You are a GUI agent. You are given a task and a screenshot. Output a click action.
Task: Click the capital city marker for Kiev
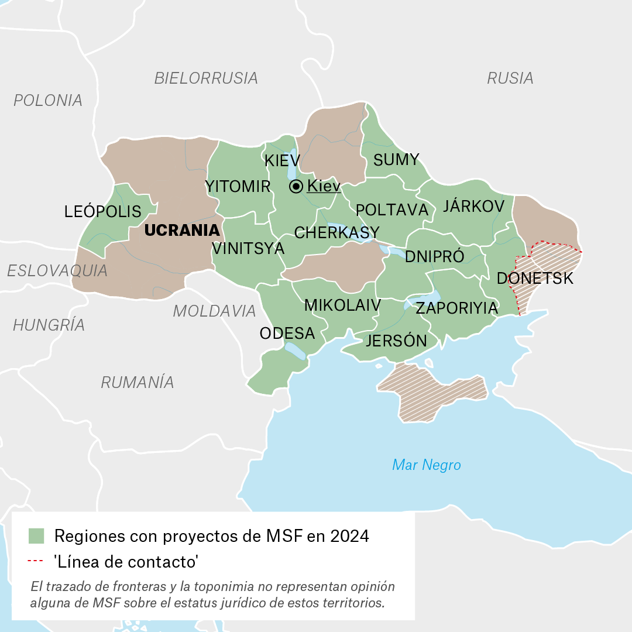pyautogui.click(x=296, y=187)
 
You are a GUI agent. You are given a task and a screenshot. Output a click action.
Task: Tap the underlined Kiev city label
pyautogui.click(x=324, y=187)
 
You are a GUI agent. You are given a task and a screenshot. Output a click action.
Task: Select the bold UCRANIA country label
pyautogui.click(x=182, y=230)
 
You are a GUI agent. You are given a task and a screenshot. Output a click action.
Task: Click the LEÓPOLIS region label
pyautogui.click(x=103, y=211)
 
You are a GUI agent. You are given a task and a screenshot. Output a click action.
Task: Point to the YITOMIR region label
pyautogui.click(x=238, y=187)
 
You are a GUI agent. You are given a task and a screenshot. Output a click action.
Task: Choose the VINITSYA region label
pyautogui.click(x=248, y=249)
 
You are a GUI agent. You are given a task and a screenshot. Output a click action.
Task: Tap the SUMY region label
pyautogui.click(x=396, y=160)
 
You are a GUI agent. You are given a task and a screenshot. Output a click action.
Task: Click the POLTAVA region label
pyautogui.click(x=392, y=209)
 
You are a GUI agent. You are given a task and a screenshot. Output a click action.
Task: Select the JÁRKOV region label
pyautogui.click(x=473, y=206)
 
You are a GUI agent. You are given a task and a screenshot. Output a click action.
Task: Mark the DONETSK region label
pyautogui.click(x=535, y=279)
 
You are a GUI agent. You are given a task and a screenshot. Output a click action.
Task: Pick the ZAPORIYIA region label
pyautogui.click(x=456, y=308)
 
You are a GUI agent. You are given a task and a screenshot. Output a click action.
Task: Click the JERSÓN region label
pyautogui.click(x=396, y=341)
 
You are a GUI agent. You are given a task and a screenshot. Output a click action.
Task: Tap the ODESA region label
pyautogui.click(x=287, y=334)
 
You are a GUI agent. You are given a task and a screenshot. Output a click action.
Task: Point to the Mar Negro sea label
pyautogui.click(x=426, y=465)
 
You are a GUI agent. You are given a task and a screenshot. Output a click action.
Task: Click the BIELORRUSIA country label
pyautogui.click(x=206, y=78)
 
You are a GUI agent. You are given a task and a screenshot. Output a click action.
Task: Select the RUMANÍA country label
pyautogui.click(x=138, y=382)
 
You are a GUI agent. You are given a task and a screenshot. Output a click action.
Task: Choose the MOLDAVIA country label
pyautogui.click(x=214, y=311)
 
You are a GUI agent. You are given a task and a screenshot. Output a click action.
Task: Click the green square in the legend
pyautogui.click(x=37, y=535)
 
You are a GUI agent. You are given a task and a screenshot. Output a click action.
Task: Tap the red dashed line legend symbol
pyautogui.click(x=36, y=562)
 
